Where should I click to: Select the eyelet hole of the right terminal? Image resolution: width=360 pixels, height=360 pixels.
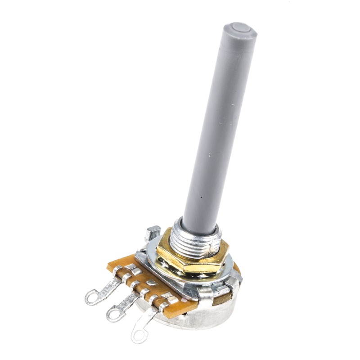(x=139, y=333)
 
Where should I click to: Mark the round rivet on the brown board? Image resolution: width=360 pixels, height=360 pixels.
(x=152, y=283)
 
